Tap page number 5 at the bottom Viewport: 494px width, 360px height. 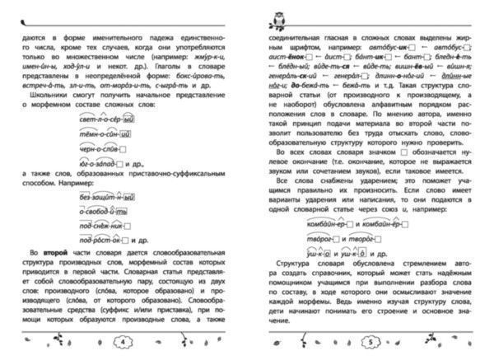pos(371,340)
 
